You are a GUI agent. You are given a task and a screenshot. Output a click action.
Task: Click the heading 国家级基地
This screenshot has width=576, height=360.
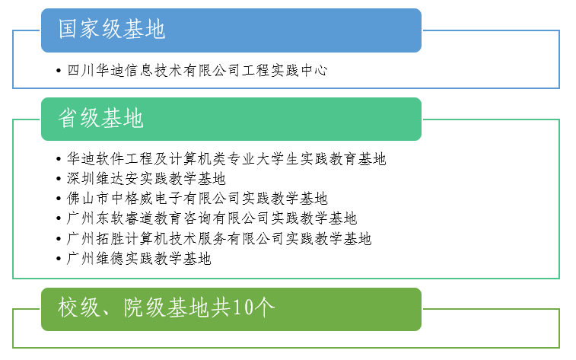(x=112, y=29)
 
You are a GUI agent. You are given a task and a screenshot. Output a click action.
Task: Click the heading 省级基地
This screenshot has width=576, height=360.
(x=101, y=118)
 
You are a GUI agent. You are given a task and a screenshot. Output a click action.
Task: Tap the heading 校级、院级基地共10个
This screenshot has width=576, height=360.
(x=167, y=307)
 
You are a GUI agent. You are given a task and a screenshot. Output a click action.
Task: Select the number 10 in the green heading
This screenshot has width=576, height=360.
(x=243, y=307)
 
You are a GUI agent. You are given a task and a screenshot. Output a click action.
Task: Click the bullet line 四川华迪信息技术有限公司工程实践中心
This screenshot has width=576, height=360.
(x=197, y=71)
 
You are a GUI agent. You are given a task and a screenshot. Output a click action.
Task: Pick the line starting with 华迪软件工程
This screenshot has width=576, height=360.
(x=226, y=159)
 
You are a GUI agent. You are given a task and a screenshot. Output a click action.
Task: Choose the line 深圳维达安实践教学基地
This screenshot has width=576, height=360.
(x=146, y=179)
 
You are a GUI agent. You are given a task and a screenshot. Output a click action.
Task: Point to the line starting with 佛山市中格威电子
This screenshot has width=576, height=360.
(x=197, y=199)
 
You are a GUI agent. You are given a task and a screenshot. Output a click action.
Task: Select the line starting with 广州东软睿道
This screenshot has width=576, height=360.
(x=212, y=218)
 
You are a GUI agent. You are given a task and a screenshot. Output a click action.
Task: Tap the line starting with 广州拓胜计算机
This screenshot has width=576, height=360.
(x=219, y=238)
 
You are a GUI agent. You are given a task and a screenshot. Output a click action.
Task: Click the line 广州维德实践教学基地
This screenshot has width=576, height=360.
(x=138, y=258)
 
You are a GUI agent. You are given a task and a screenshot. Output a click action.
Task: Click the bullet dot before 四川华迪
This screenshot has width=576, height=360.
(x=59, y=71)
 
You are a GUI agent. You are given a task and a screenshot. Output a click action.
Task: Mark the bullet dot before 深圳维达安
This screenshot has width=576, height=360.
(x=59, y=179)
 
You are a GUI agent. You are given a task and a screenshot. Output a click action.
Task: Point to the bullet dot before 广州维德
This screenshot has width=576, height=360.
(x=59, y=259)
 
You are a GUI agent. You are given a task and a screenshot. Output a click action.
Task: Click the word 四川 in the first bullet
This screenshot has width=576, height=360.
(x=81, y=71)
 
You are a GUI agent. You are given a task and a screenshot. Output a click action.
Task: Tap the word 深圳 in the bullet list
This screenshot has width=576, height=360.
(x=81, y=179)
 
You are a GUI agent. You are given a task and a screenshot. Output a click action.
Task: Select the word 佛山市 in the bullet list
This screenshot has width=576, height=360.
(x=88, y=199)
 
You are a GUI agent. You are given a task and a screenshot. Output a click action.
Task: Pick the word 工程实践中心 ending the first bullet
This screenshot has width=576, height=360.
(x=285, y=71)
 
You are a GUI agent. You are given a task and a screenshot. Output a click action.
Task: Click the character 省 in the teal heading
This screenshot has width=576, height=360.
(x=68, y=118)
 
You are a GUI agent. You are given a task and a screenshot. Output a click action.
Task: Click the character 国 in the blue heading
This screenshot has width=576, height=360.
(x=68, y=29)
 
